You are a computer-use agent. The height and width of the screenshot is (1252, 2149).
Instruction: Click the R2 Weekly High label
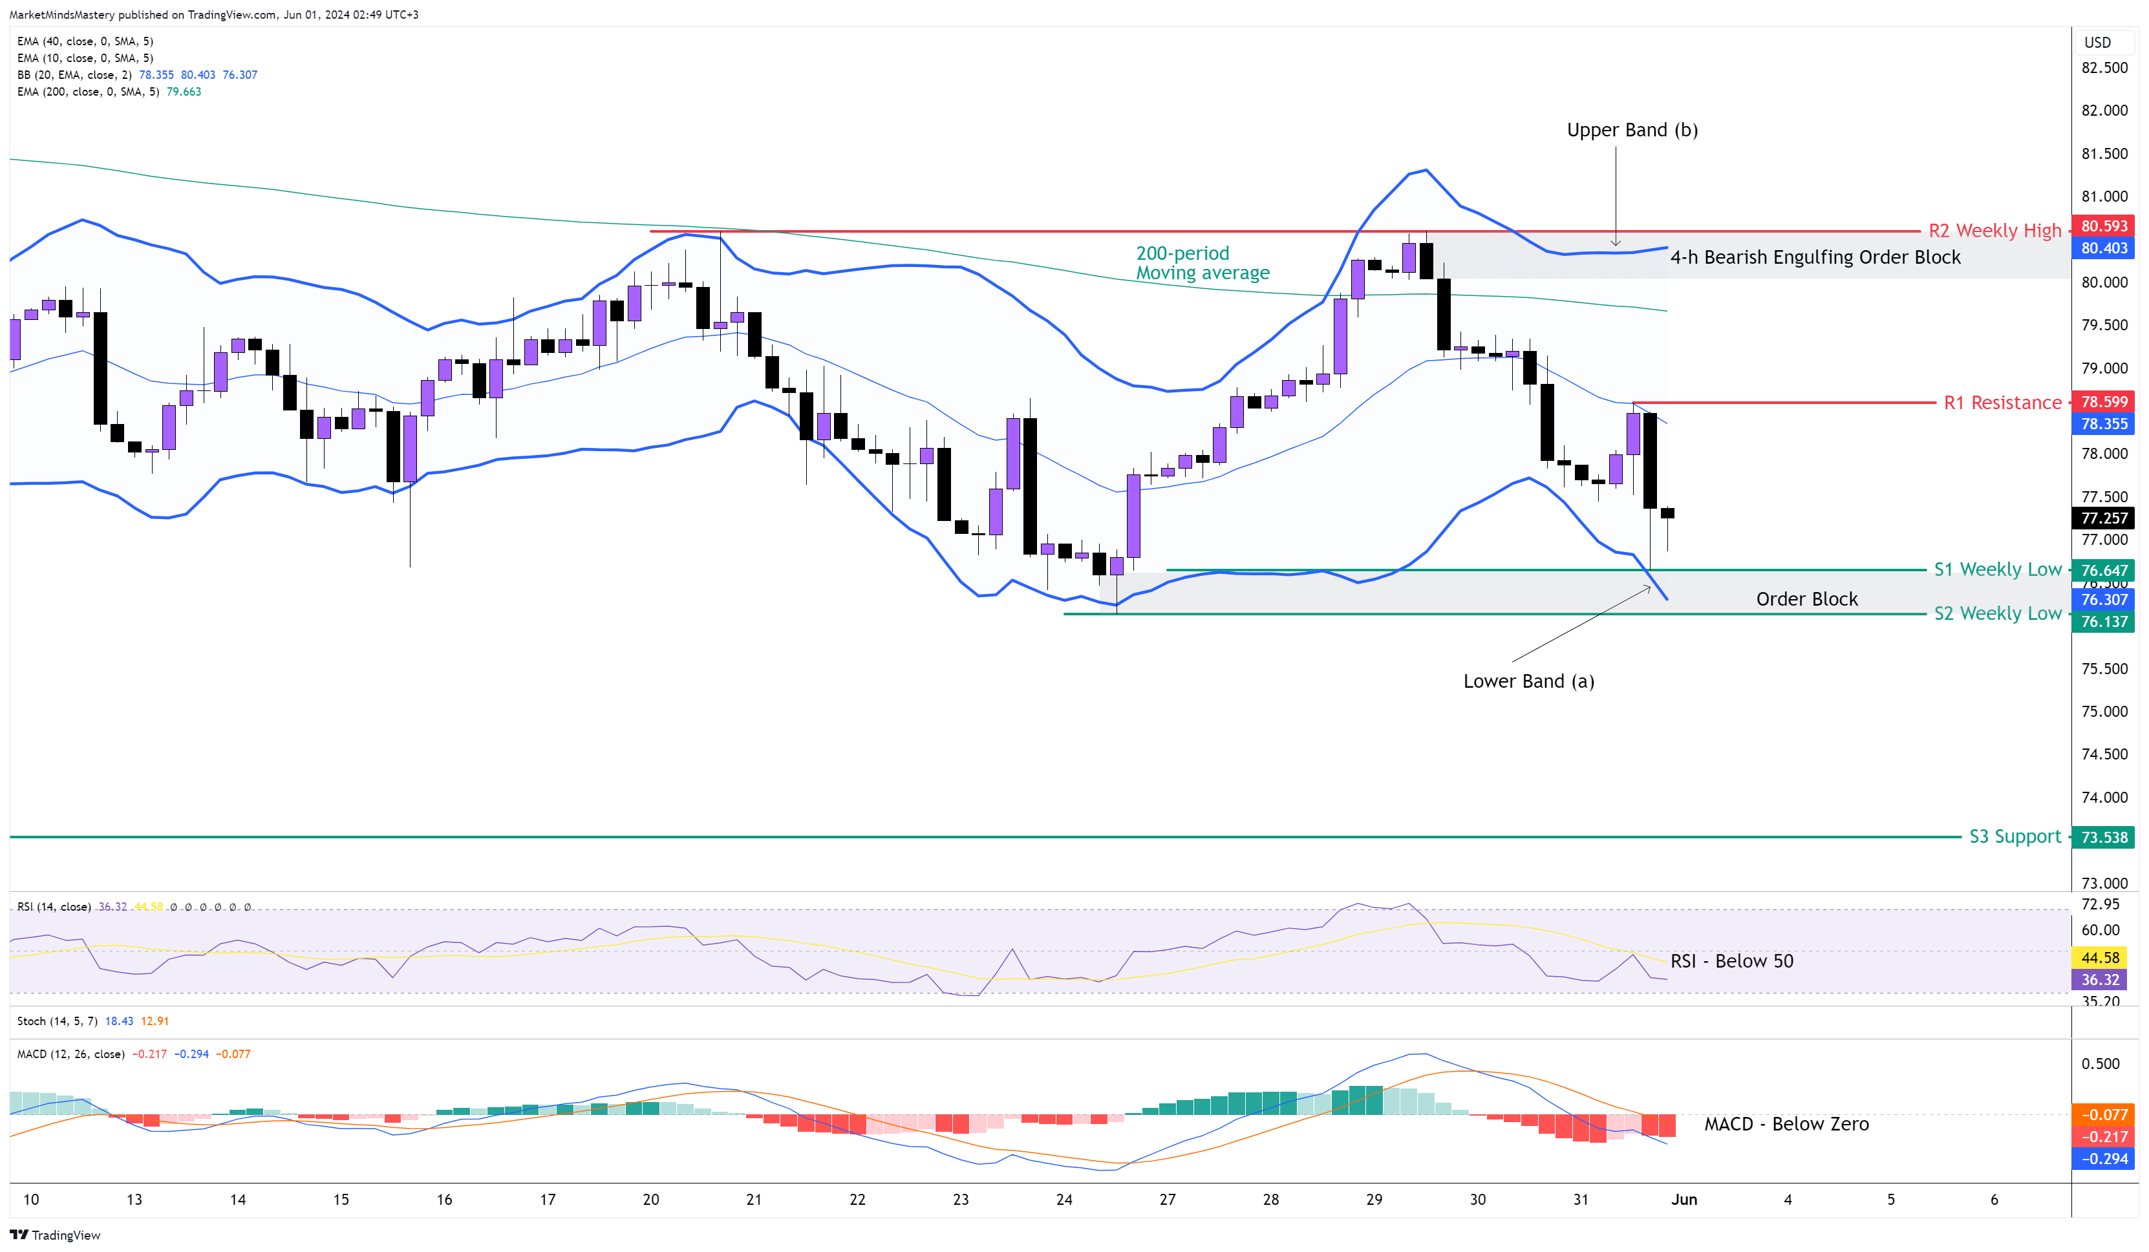1994,230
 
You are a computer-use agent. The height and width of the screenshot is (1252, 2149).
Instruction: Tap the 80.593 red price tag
2104,226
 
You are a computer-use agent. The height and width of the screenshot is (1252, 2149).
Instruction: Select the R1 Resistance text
2002,403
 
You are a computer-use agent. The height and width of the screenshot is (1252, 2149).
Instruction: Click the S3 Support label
2015,836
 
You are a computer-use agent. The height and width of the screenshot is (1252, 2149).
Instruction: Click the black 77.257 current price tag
2104,518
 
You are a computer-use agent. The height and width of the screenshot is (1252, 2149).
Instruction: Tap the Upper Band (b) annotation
1631,130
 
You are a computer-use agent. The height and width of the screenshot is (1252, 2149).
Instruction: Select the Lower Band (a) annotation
1528,681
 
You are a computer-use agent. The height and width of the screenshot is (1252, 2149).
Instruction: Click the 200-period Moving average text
1202,262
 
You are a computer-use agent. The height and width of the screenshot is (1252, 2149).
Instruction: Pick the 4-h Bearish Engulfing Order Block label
1815,257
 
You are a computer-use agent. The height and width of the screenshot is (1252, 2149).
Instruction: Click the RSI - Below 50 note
1731,961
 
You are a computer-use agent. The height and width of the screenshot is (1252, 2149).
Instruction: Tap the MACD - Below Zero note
1786,1124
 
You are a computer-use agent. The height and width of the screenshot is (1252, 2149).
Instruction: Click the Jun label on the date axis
1684,1199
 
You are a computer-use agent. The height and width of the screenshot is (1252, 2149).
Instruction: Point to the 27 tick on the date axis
1168,1199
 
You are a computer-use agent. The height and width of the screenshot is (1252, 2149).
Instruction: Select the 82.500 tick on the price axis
2104,67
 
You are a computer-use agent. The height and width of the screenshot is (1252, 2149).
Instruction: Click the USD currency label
2097,43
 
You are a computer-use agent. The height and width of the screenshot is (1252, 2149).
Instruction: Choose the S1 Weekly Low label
1997,569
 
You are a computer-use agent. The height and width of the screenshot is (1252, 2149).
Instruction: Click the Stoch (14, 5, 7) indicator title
57,1021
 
